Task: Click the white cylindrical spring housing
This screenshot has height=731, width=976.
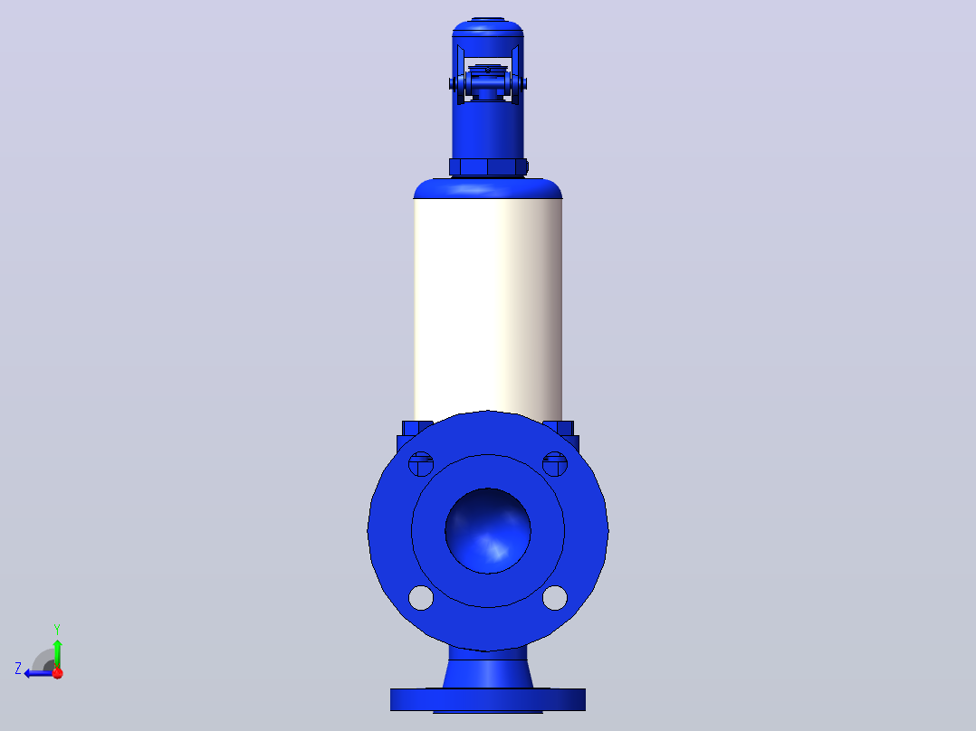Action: pyautogui.click(x=488, y=305)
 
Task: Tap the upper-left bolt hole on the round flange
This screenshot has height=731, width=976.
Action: pyautogui.click(x=421, y=464)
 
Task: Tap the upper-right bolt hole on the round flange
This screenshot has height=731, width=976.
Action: pyautogui.click(x=555, y=464)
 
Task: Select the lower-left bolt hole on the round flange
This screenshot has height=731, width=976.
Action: pyautogui.click(x=421, y=598)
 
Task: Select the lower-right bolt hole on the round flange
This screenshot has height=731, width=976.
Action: pyautogui.click(x=555, y=598)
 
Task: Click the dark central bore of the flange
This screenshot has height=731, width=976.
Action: pyautogui.click(x=488, y=531)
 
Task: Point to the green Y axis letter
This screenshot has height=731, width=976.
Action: pyautogui.click(x=57, y=630)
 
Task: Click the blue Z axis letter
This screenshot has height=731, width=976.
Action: pyautogui.click(x=18, y=669)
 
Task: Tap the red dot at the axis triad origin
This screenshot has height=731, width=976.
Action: pyautogui.click(x=58, y=673)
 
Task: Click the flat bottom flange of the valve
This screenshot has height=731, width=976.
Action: pyautogui.click(x=488, y=700)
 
